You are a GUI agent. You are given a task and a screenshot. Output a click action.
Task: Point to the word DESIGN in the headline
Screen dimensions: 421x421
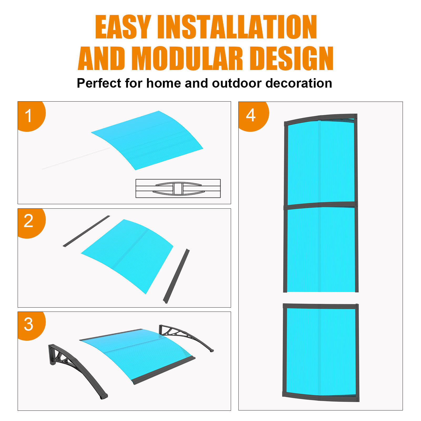tap(292, 58)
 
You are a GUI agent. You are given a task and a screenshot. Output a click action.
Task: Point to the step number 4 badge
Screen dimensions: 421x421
tap(253, 116)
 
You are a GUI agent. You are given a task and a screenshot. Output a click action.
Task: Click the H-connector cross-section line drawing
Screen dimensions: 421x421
tap(178, 188)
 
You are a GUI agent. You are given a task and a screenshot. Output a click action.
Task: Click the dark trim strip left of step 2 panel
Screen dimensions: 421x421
tap(86, 231)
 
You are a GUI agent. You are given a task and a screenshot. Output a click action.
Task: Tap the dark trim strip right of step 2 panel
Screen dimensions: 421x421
tap(176, 276)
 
